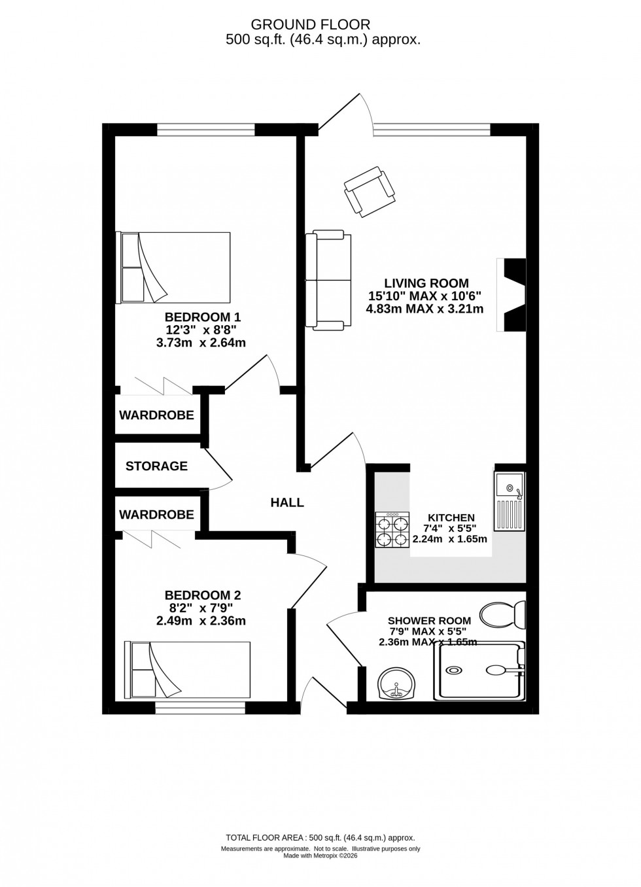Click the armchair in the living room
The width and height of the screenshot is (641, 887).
370,190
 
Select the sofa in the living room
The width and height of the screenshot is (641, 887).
328,279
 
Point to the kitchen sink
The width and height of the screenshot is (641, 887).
510,502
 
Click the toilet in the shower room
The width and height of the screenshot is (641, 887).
503,614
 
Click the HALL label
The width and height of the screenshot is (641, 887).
287,502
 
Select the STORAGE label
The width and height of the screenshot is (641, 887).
156,466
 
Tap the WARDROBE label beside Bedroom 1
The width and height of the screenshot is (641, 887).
156,415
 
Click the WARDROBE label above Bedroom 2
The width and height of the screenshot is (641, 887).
156,515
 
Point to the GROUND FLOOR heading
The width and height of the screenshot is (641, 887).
311,25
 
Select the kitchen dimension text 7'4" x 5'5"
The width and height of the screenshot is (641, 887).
451,529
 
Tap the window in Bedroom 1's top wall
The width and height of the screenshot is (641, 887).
206,130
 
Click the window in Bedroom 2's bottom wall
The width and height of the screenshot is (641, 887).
201,706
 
